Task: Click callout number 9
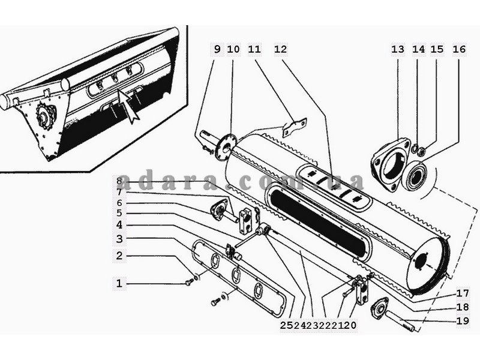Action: [x=217, y=49]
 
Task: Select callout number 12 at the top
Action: [x=280, y=49]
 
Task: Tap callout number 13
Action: [x=398, y=49]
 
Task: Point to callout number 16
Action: [x=459, y=49]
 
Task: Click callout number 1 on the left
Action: [x=119, y=283]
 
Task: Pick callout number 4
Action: [x=119, y=224]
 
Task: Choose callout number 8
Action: [x=119, y=181]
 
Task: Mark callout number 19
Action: [x=463, y=320]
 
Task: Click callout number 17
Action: [x=463, y=293]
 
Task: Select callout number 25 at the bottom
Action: [x=287, y=325]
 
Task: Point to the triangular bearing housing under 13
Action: [x=391, y=164]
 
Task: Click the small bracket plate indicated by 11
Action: [x=295, y=127]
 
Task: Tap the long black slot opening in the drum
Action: [x=319, y=222]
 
